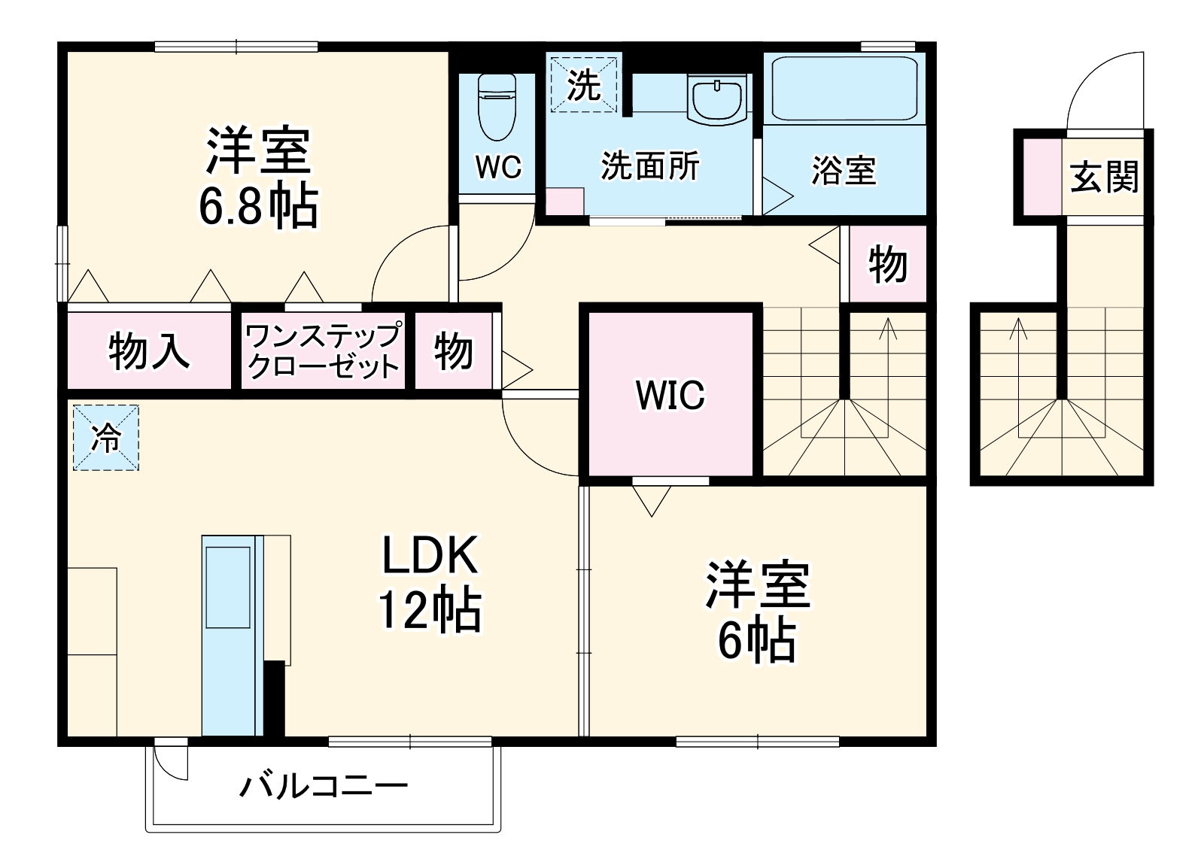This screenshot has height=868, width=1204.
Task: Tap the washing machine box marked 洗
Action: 583,83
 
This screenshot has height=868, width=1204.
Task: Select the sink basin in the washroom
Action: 717,99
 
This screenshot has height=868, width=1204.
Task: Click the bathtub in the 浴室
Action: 844,89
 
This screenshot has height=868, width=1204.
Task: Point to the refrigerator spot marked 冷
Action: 106,438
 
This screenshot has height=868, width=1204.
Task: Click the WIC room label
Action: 670,395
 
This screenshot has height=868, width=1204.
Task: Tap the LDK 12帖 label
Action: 430,583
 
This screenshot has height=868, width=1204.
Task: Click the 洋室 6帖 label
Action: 756,611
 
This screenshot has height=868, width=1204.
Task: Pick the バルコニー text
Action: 324,787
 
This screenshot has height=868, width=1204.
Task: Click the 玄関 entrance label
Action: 1104,178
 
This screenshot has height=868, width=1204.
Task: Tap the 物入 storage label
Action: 148,351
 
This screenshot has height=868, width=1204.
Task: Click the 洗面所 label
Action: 650,166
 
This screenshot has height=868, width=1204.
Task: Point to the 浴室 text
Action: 844,171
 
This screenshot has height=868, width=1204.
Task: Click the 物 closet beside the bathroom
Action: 887,264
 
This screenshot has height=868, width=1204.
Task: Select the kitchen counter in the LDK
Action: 229,633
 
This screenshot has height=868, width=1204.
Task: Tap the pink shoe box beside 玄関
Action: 1040,178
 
